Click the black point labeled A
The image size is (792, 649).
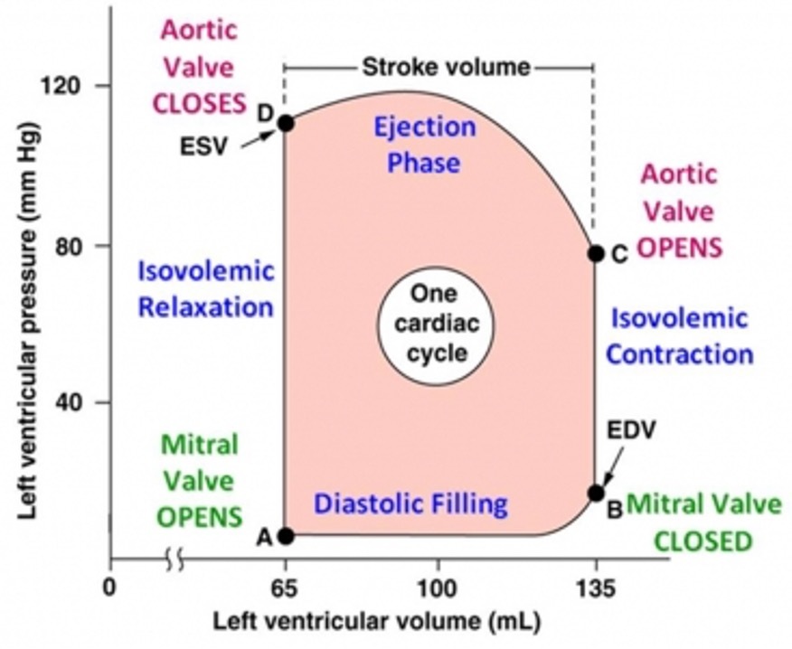click(286, 535)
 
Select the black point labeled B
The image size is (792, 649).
click(595, 493)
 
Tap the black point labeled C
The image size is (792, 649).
click(595, 253)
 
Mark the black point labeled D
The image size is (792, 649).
click(286, 123)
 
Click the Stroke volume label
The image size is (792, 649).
click(446, 66)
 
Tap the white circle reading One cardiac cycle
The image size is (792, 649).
click(435, 324)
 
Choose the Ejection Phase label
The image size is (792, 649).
click(424, 145)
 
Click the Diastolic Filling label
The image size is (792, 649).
click(410, 503)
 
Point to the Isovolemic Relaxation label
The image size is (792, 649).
click(205, 288)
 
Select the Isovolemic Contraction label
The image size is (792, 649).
click(679, 335)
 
